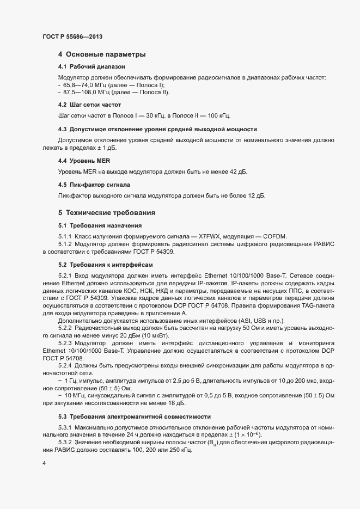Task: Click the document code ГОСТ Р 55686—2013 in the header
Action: [x=72, y=36]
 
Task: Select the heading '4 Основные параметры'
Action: [x=101, y=54]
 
